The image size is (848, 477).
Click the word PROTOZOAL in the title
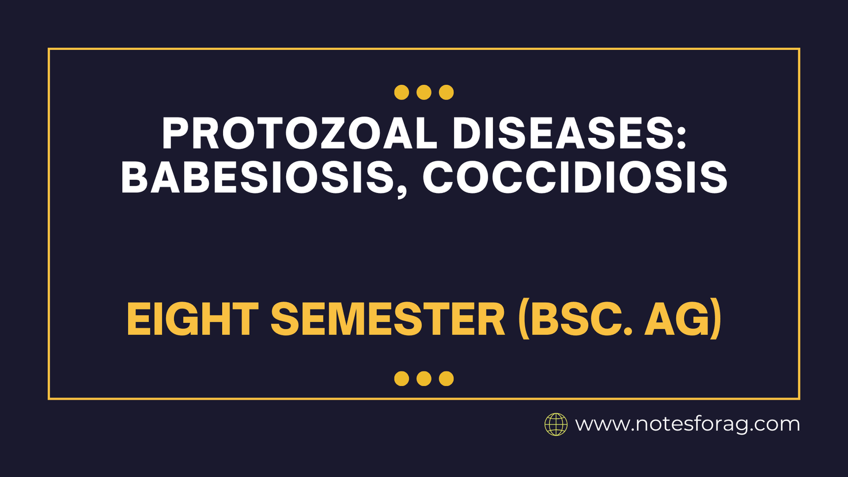pyautogui.click(x=299, y=134)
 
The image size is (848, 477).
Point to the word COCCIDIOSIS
pyautogui.click(x=575, y=177)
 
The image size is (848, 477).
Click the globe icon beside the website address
pyautogui.click(x=556, y=425)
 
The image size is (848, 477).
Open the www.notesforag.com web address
pyautogui.click(x=687, y=425)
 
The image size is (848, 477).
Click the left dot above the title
pyautogui.click(x=402, y=92)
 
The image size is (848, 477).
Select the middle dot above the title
pyautogui.click(x=424, y=92)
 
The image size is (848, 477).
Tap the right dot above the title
pyautogui.click(x=446, y=92)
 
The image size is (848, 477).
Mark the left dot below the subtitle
pyautogui.click(x=402, y=378)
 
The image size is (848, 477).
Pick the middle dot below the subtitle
pyautogui.click(x=424, y=378)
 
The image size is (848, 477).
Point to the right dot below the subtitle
pyautogui.click(x=446, y=378)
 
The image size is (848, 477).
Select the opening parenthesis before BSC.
pyautogui.click(x=524, y=320)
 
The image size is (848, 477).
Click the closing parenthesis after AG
pyautogui.click(x=715, y=320)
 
